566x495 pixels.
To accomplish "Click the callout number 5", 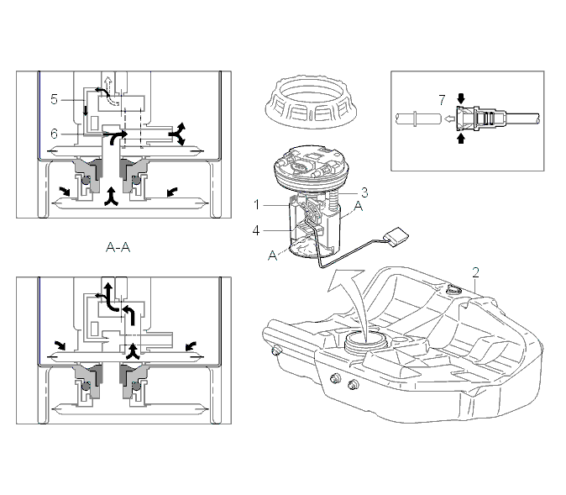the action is coord(54,99).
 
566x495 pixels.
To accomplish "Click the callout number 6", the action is coord(54,134).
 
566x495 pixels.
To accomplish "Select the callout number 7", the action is coord(443,100).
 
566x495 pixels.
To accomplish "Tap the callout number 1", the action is coord(257,205).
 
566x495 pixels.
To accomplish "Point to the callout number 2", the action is coord(476,272).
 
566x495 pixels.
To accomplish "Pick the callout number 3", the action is coord(364,192).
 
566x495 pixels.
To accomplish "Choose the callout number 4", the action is coord(256,230).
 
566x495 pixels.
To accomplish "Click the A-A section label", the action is coord(118,247).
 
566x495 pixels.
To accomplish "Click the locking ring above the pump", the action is coord(312,102).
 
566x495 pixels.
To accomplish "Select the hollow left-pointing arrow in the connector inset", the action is coord(449,118).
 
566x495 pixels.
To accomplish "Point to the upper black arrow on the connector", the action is coord(461,98).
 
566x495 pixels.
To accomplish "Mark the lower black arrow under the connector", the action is coord(461,139).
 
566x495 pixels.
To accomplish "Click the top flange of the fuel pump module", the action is coord(312,169).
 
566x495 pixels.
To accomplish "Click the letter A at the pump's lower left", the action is coord(273,255).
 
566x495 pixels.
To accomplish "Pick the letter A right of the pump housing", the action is coord(358,206).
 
